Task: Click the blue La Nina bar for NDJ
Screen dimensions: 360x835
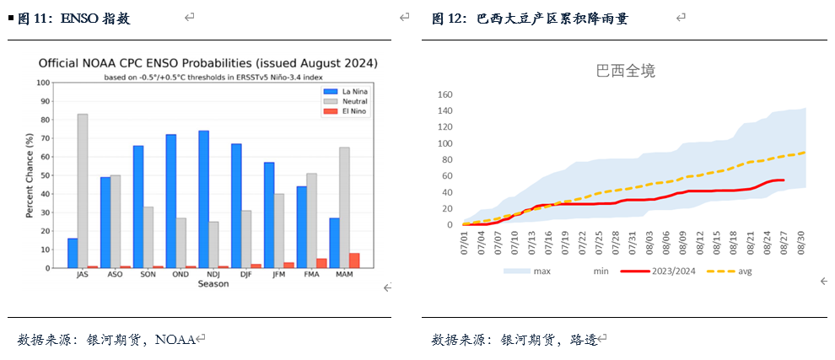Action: tap(203, 199)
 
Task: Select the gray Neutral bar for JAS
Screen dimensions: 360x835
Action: tap(83, 191)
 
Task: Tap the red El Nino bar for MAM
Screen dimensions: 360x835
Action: tap(354, 261)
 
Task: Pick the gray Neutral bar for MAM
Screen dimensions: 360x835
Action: tap(344, 207)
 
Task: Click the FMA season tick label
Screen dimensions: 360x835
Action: tap(311, 275)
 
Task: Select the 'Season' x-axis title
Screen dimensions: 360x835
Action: tap(213, 284)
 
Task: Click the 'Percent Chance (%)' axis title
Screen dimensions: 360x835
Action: tap(29, 175)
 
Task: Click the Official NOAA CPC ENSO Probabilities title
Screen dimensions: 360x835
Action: tap(208, 63)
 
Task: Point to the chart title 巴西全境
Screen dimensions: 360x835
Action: tap(626, 72)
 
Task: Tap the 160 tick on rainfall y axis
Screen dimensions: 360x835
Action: tap(446, 94)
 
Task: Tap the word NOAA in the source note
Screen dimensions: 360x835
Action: tap(175, 340)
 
